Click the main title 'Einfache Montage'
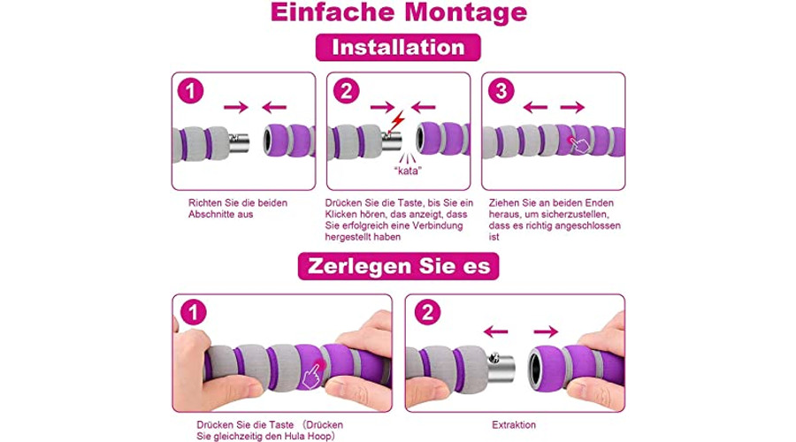pyautogui.click(x=399, y=12)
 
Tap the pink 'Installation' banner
pyautogui.click(x=398, y=47)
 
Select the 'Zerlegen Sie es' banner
pyautogui.click(x=399, y=266)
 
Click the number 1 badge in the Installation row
pyautogui.click(x=191, y=91)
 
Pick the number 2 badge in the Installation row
pyautogui.click(x=346, y=91)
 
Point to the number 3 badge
pyautogui.click(x=501, y=91)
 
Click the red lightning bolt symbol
pyautogui.click(x=398, y=122)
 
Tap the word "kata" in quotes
pyautogui.click(x=408, y=171)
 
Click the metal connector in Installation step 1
pyautogui.click(x=239, y=143)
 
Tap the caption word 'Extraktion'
pyautogui.click(x=514, y=425)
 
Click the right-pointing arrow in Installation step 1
pyautogui.click(x=236, y=107)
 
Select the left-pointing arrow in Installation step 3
pyautogui.click(x=536, y=107)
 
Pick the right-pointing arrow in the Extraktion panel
pyautogui.click(x=547, y=331)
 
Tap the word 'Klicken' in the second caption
pyautogui.click(x=342, y=214)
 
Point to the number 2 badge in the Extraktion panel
pyautogui.click(x=427, y=313)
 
